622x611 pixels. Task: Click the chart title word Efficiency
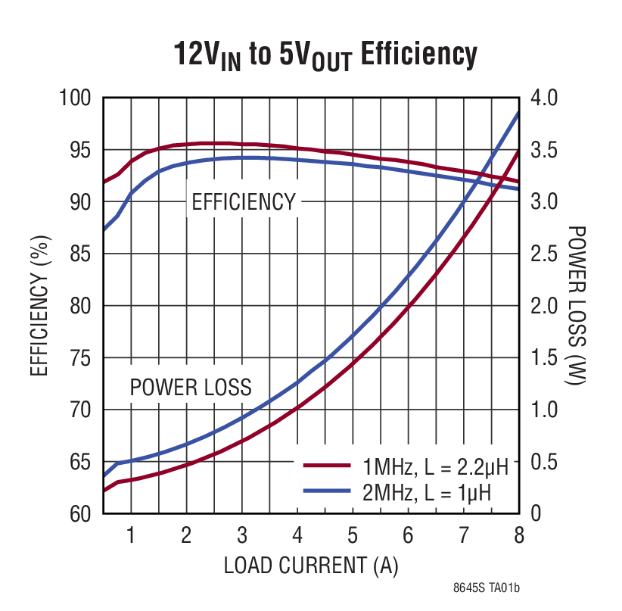pos(418,55)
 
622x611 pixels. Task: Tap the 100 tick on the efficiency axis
pos(76,98)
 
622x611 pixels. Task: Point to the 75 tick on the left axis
pos(80,358)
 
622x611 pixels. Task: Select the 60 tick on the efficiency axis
pos(80,514)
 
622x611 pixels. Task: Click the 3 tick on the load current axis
pos(242,536)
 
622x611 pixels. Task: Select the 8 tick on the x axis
pos(518,536)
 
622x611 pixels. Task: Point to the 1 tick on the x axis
pos(131,536)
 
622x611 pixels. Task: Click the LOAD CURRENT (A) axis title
pos(310,566)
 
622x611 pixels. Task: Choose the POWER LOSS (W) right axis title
pos(578,306)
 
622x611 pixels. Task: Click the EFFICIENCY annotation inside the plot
pos(243,202)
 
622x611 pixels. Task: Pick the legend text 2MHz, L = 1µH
pos(427,493)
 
